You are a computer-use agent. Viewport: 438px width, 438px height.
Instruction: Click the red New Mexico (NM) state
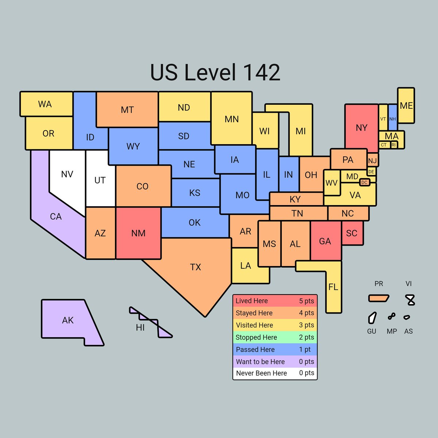[x=138, y=233]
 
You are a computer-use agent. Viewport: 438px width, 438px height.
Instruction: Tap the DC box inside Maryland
[x=364, y=182]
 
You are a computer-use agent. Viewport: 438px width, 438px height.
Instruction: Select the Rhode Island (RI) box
[x=393, y=145]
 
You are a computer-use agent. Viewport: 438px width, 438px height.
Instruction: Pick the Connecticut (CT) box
[x=384, y=145]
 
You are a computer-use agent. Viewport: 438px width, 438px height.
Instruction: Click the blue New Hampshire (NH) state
[x=392, y=118]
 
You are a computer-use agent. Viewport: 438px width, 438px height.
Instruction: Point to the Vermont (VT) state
[x=383, y=118]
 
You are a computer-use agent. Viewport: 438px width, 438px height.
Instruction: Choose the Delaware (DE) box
[x=371, y=172]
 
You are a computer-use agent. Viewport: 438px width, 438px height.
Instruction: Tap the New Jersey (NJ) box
[x=372, y=161]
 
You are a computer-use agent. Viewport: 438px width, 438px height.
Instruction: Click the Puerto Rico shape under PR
[x=379, y=298]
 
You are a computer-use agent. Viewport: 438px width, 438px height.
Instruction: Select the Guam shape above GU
[x=372, y=318]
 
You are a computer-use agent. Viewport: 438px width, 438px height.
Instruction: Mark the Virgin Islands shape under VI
[x=411, y=300]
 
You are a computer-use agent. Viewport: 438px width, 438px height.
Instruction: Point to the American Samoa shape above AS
[x=407, y=317]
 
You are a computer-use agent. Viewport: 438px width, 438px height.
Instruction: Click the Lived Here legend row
[x=275, y=301]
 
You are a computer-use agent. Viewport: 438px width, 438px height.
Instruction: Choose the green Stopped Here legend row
[x=275, y=337]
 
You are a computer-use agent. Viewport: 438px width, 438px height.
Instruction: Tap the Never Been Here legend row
[x=275, y=373]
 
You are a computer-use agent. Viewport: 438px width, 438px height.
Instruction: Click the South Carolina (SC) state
[x=352, y=233]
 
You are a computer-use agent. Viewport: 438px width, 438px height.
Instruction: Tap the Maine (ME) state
[x=406, y=105]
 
